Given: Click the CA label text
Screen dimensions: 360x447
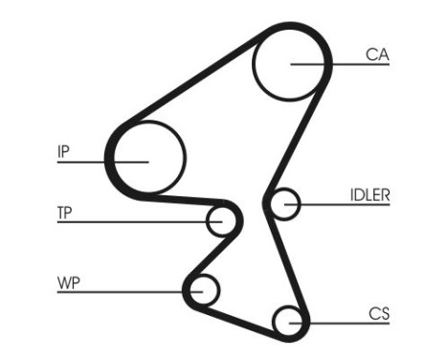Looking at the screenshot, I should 377,54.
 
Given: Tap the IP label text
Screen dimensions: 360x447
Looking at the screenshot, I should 62,150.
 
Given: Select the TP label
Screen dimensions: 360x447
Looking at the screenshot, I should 66,213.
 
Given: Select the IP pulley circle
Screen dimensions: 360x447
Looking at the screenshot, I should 148,159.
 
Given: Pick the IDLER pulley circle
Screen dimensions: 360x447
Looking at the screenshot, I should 284,203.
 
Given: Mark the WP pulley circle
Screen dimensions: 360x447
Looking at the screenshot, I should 203,287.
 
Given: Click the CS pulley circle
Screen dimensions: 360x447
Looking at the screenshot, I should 287,320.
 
